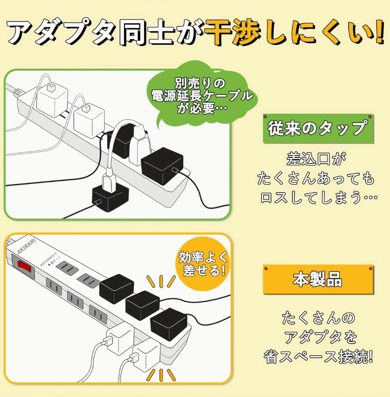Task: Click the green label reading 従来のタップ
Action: [317, 128]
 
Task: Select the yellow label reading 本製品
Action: [317, 280]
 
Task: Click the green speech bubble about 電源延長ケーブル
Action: [202, 96]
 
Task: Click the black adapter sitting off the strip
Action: [110, 196]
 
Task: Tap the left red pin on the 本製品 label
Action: [266, 269]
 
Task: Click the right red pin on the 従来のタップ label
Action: [369, 117]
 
